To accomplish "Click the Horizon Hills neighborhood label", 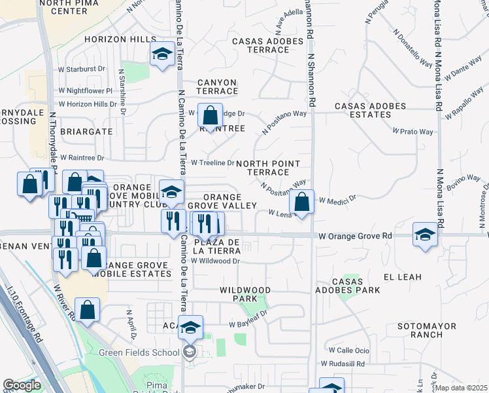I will [120, 40].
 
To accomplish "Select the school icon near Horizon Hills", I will [161, 56].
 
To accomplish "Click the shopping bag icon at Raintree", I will [211, 117].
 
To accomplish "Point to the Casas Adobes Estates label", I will [371, 110].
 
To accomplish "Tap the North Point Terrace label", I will [268, 168].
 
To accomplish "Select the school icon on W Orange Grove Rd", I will [425, 234].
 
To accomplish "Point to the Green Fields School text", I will [139, 353].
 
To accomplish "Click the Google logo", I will [22, 385].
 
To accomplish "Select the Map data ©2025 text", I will [462, 388].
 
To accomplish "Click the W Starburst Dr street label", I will [82, 69].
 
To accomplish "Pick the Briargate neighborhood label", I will [86, 131].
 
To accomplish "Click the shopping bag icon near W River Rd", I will [87, 310].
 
